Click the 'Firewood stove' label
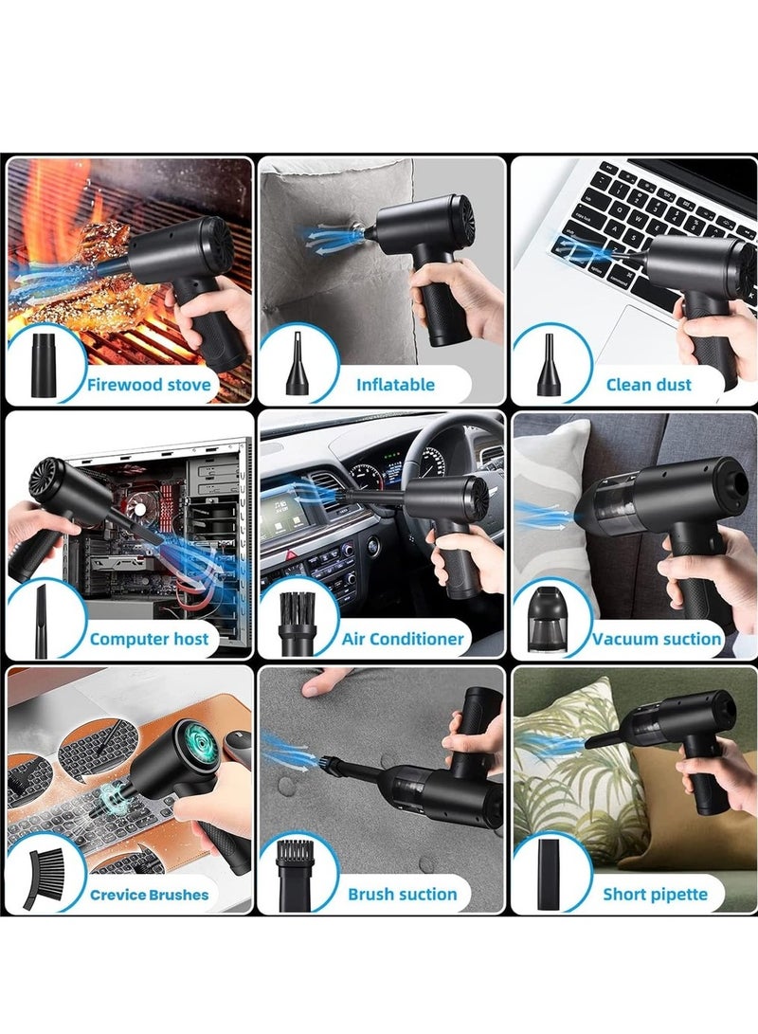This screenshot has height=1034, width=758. point(149,385)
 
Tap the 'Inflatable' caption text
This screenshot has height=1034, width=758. point(395,385)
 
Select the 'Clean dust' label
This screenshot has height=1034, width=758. point(648,385)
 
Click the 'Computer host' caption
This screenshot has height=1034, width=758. point(149,639)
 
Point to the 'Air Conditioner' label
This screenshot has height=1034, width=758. point(403,639)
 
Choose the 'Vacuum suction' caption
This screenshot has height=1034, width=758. point(657,639)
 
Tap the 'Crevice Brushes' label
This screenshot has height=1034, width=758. point(149,894)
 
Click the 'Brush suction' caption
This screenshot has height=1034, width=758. point(402,894)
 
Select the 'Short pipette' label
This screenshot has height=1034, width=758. point(655,894)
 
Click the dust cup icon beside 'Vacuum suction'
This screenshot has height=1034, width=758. point(548,618)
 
